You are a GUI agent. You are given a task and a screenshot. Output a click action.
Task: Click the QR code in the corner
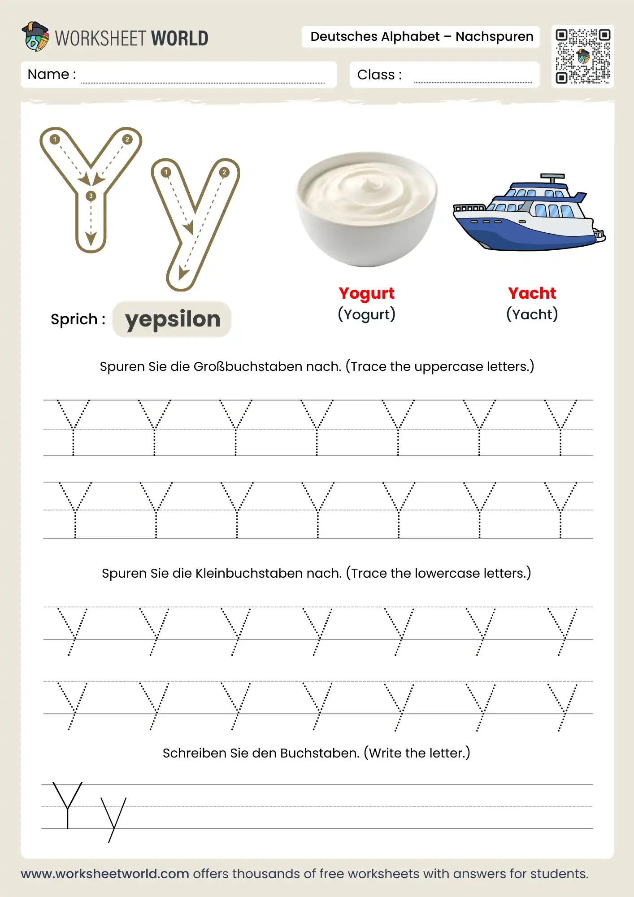pyautogui.click(x=582, y=57)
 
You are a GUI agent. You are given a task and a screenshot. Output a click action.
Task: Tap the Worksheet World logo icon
pyautogui.click(x=35, y=37)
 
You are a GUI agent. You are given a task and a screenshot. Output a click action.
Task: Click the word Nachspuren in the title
pyautogui.click(x=494, y=37)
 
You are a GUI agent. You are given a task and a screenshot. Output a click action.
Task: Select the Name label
pyautogui.click(x=52, y=74)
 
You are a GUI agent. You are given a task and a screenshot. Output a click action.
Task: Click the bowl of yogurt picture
pyautogui.click(x=366, y=209)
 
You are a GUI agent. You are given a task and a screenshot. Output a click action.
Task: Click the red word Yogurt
pyautogui.click(x=366, y=293)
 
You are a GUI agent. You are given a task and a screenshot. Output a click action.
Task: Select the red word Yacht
pyautogui.click(x=532, y=293)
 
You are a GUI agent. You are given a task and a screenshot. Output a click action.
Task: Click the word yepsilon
pyautogui.click(x=173, y=319)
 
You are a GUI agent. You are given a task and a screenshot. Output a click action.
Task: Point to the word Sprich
pyautogui.click(x=74, y=319)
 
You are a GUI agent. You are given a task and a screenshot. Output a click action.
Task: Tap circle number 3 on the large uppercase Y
pyautogui.click(x=91, y=196)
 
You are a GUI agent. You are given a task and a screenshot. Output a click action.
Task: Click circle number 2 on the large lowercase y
pyautogui.click(x=224, y=172)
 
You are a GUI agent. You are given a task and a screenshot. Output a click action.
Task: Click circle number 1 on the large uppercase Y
pyautogui.click(x=55, y=139)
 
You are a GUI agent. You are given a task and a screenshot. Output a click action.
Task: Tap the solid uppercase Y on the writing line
pyautogui.click(x=67, y=805)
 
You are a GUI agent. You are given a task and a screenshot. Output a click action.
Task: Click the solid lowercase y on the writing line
pyautogui.click(x=113, y=819)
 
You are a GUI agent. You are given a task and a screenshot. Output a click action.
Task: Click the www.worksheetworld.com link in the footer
pyautogui.click(x=105, y=874)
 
